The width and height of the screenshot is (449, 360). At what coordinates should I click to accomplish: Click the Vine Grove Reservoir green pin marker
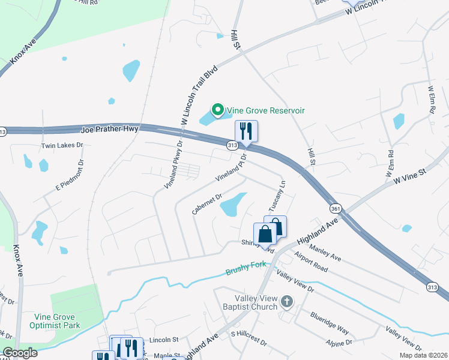(217, 110)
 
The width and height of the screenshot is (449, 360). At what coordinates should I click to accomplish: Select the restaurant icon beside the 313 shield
(246, 131)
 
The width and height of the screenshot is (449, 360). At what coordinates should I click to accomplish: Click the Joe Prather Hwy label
(109, 129)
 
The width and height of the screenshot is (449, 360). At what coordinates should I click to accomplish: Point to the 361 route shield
(336, 208)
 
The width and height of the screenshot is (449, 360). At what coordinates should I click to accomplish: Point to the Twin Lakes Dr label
(61, 146)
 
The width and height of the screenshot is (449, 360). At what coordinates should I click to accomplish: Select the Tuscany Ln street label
(281, 194)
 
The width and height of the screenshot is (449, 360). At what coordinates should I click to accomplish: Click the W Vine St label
(409, 176)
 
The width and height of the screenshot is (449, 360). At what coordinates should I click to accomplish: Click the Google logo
(20, 353)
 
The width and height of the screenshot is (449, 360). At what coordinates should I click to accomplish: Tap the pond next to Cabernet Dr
(233, 205)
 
